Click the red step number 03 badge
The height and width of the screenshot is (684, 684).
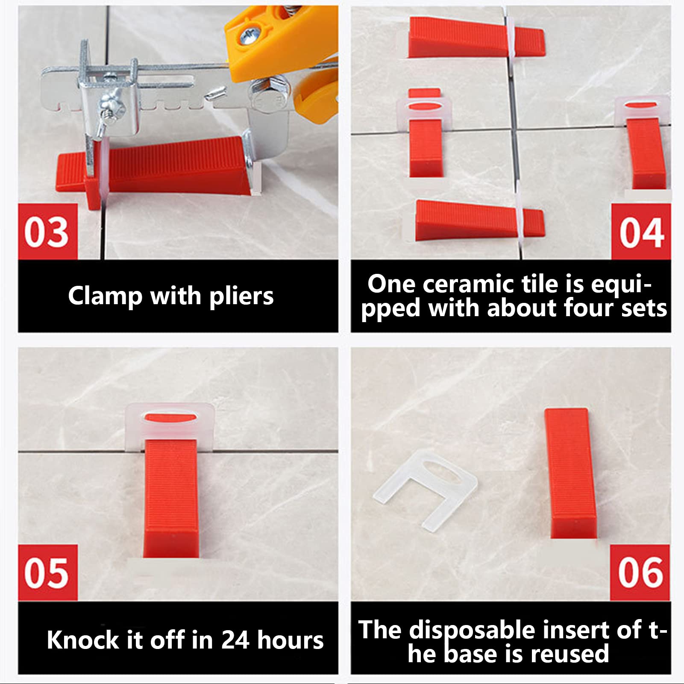[47, 232]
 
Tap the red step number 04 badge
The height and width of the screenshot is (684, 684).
[641, 232]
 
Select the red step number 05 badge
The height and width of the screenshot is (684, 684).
[47, 572]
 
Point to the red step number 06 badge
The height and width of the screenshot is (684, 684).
[640, 572]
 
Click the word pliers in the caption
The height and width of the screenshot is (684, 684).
[241, 296]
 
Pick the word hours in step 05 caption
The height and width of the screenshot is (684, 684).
[291, 640]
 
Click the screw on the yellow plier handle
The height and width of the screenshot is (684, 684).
[249, 35]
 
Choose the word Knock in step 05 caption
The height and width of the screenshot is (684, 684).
[82, 640]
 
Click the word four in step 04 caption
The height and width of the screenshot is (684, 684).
[588, 308]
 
